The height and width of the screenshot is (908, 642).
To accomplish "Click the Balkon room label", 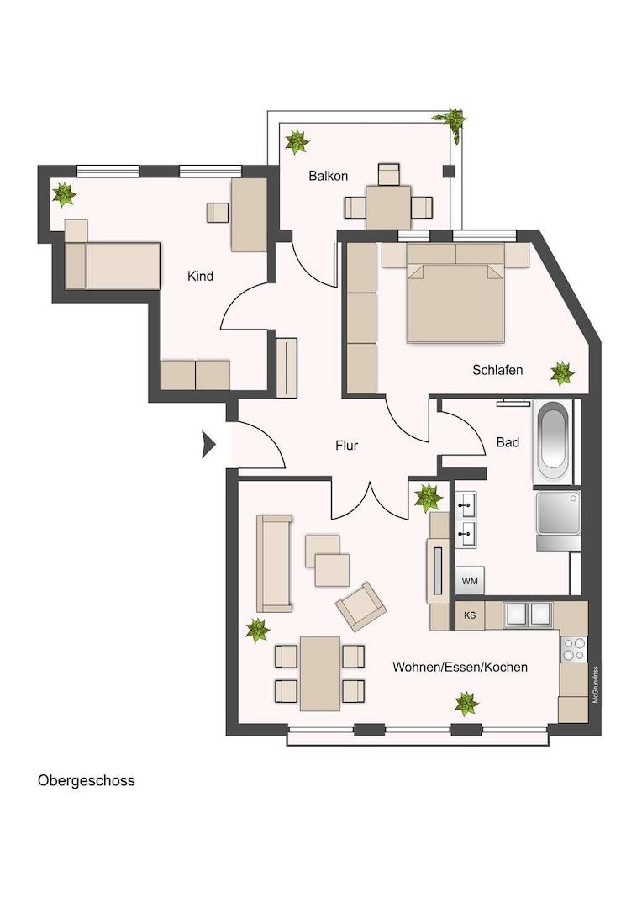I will click(x=328, y=176).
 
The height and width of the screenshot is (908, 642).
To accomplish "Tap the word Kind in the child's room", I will click(x=200, y=276).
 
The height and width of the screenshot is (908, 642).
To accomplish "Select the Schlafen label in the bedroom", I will click(x=497, y=370).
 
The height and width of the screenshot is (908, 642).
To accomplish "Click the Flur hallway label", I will click(x=346, y=446).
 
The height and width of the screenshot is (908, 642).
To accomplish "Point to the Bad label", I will click(x=507, y=441).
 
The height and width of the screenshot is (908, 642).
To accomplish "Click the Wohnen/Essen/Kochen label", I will click(x=460, y=667).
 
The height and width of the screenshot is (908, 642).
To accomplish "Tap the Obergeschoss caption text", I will click(x=86, y=780).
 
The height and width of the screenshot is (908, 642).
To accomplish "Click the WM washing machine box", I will click(x=470, y=581).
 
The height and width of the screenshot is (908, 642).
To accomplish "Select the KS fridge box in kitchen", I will click(x=470, y=615).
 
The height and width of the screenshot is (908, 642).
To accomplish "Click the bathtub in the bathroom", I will click(x=554, y=441).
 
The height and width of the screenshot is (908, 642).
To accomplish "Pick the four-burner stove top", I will click(x=574, y=648).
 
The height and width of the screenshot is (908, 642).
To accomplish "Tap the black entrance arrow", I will click(x=208, y=444).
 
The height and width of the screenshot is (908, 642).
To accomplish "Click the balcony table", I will click(x=388, y=206).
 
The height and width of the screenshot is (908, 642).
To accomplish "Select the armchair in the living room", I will click(x=360, y=605).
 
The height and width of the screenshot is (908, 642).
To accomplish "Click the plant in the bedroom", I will click(x=561, y=372).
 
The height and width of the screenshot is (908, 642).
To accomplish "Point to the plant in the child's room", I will click(x=64, y=194).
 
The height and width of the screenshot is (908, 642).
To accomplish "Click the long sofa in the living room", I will click(x=274, y=562).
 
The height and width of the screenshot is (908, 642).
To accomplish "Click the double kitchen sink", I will click(x=528, y=615).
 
